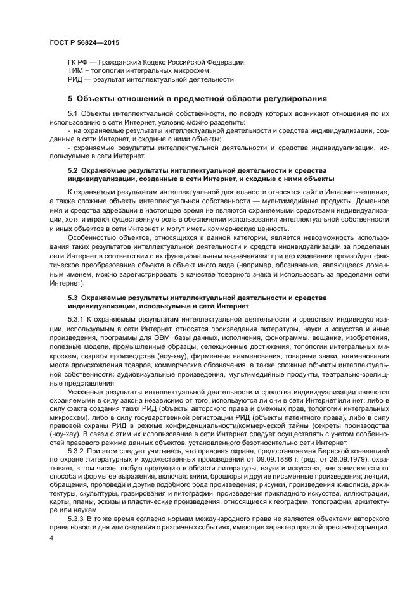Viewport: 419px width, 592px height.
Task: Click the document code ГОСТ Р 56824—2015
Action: pos(84,43)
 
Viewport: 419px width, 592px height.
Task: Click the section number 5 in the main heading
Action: pos(70,98)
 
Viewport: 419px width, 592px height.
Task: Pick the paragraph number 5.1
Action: pos(73,112)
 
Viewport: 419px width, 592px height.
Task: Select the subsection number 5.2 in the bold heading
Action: pos(73,171)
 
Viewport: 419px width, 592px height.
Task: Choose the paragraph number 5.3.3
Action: pos(75,519)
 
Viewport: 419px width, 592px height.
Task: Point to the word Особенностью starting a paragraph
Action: pos(91,237)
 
